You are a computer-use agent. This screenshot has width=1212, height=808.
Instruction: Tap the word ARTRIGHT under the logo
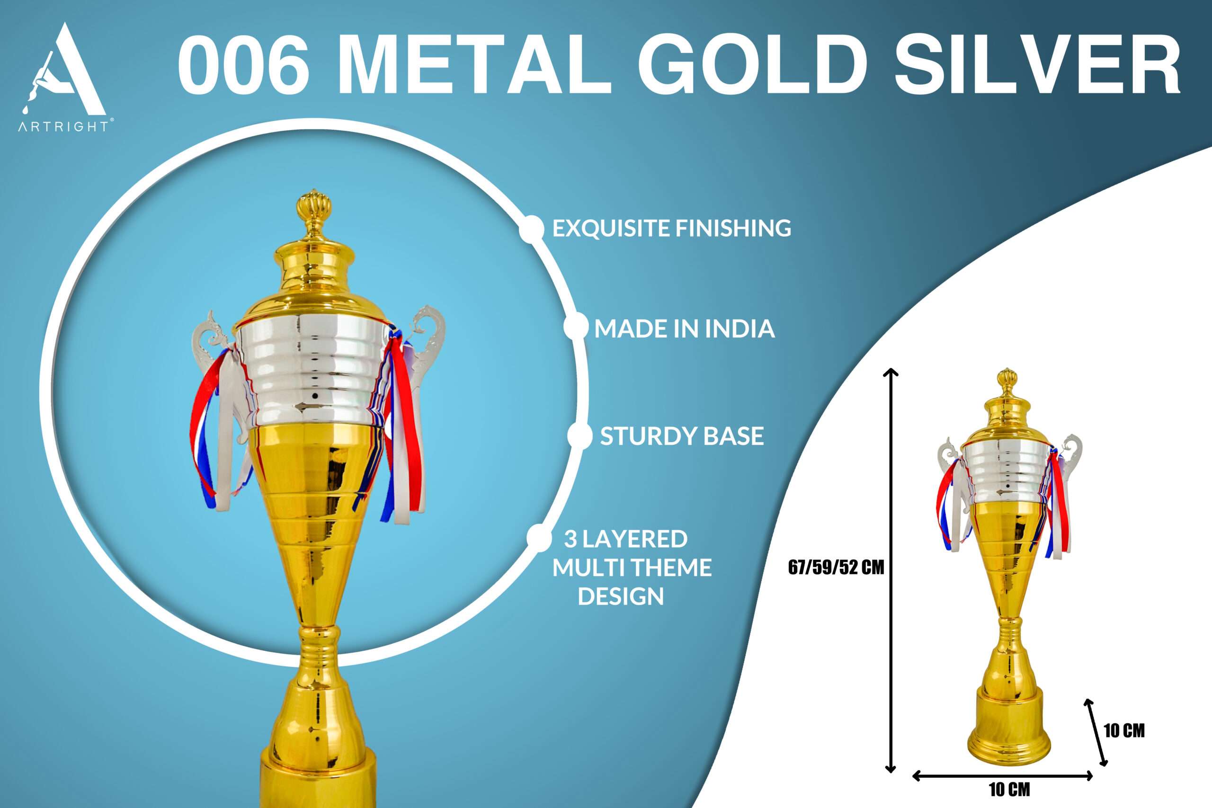tap(63, 126)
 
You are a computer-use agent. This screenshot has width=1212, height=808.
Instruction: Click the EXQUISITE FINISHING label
tap(671, 228)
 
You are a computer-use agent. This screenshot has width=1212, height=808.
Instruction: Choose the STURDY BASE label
tap(682, 436)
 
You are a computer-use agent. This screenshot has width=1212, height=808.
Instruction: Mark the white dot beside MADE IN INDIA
tap(576, 327)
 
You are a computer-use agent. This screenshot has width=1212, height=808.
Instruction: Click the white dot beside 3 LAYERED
tap(539, 537)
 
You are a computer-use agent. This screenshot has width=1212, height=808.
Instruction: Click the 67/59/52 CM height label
tap(836, 568)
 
